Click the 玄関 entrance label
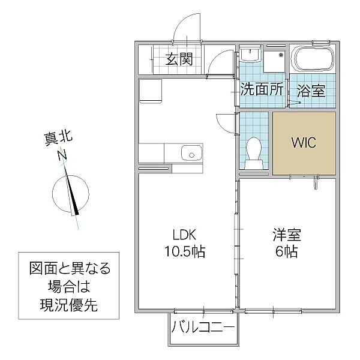pos(179,59)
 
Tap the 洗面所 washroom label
pos(262,91)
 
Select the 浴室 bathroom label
pos(311,91)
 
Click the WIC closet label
pos(303,143)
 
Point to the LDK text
pos(185,236)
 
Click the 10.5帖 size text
pos(185,251)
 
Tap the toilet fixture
pos(253,149)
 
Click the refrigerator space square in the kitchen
pos(151,92)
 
